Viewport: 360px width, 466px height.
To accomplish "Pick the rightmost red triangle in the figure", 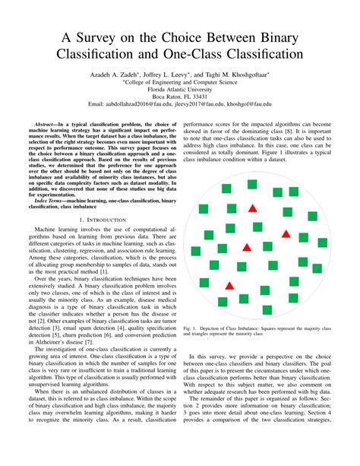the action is click(286, 233).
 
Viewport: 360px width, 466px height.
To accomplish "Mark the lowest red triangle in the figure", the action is click(229, 285).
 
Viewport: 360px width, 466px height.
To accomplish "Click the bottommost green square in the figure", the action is click(267, 309).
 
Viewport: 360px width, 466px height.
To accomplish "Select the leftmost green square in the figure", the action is click(194, 250).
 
